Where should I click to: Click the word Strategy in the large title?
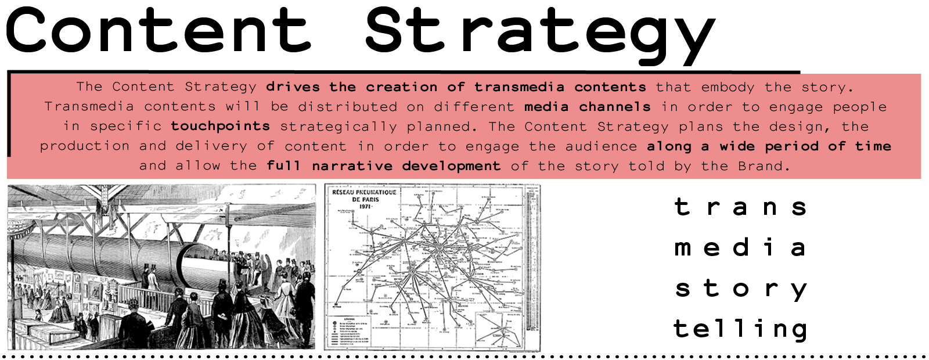[540, 32]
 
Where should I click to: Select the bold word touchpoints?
[220, 126]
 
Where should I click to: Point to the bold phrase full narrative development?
[383, 165]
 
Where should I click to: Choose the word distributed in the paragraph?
[347, 106]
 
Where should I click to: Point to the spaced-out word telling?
[740, 329]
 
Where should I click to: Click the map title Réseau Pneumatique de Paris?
[364, 196]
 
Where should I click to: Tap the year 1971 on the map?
[365, 207]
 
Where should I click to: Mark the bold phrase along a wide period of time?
[769, 146]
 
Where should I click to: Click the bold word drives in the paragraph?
[293, 87]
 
